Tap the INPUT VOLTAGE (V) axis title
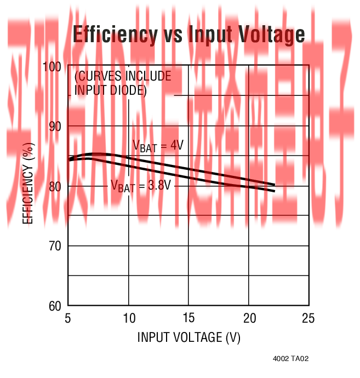[x=188, y=337]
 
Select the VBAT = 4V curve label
[x=157, y=146]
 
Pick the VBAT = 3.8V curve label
[x=141, y=186]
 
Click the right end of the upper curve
[x=274, y=185]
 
